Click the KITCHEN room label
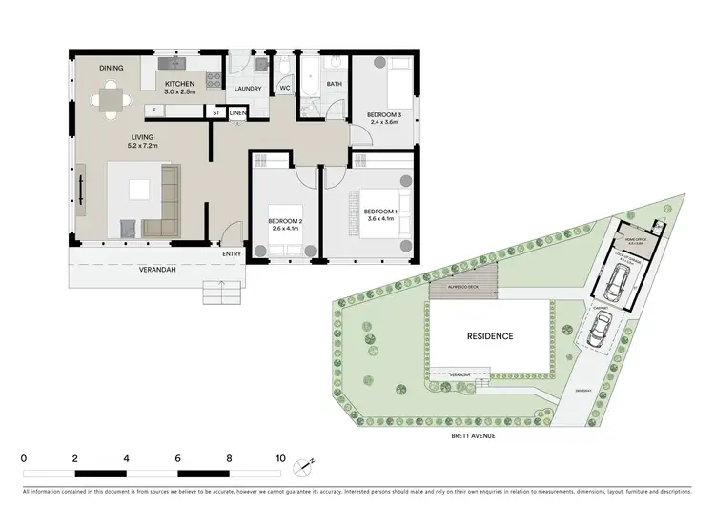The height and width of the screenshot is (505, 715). (x=179, y=85)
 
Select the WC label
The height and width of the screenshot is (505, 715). (x=284, y=88)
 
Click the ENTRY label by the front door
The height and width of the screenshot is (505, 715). (x=232, y=253)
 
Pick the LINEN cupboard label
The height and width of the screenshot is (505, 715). (x=237, y=112)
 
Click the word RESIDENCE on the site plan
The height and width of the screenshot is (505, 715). (x=490, y=336)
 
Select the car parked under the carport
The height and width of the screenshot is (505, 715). (x=600, y=330)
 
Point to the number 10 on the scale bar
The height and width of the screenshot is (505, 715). (x=279, y=458)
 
